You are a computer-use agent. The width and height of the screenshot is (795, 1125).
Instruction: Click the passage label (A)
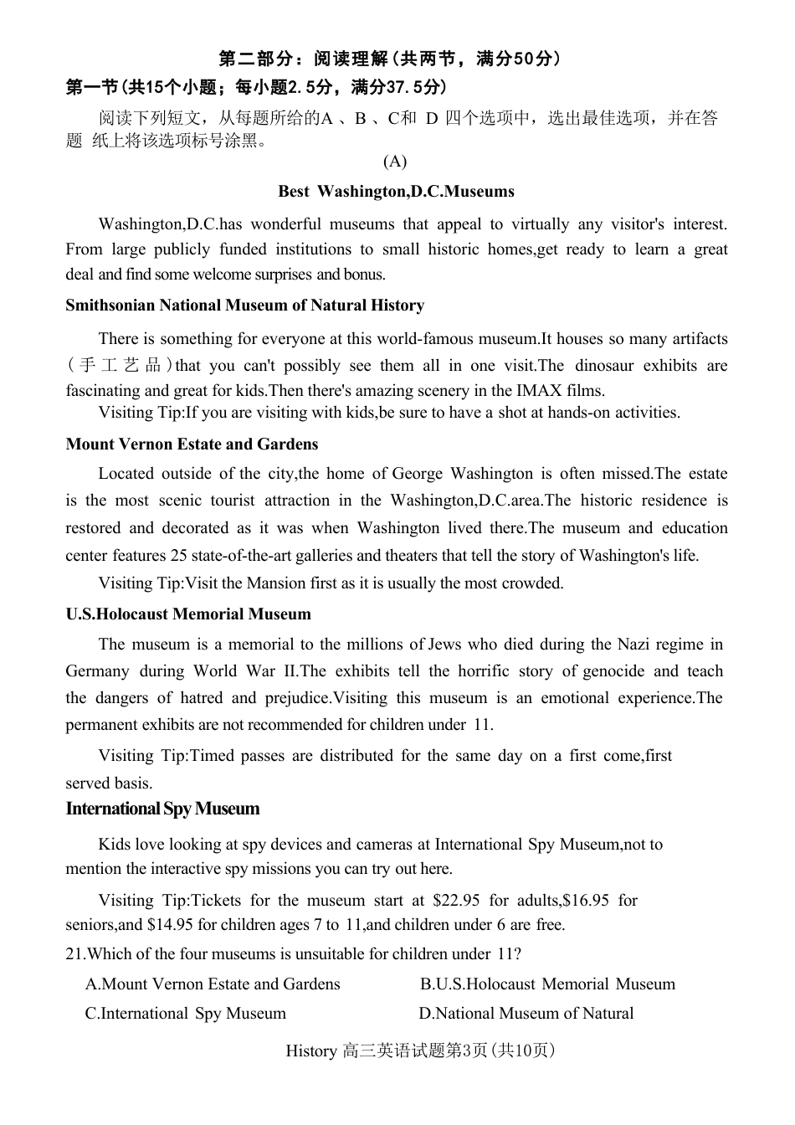coord(395,161)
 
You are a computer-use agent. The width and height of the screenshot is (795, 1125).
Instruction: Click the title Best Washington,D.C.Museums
coord(396,192)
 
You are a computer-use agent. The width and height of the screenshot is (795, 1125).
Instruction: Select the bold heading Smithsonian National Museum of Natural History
coord(244,306)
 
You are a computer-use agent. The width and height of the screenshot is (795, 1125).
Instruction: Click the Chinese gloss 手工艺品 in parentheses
coord(121,366)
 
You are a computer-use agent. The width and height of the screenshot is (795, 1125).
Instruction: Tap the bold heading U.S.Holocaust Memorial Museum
coord(188,614)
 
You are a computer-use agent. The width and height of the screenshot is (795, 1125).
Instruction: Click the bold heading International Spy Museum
coord(162,809)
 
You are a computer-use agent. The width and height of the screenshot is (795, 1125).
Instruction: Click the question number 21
coord(74,954)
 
